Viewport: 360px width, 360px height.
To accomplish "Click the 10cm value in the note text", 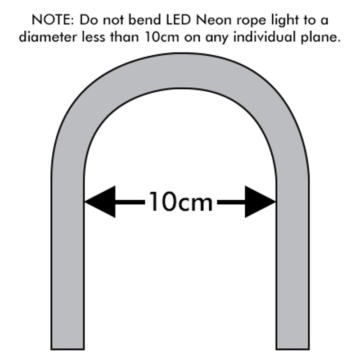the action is (x=157, y=37).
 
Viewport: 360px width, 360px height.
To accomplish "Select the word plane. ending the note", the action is (x=320, y=38).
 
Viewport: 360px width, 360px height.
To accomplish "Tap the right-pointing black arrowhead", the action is (x=261, y=202).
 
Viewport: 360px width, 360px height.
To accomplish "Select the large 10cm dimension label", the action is (x=180, y=202).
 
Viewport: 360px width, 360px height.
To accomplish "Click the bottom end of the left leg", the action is (x=67, y=346).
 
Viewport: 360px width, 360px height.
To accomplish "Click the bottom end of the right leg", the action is (x=292, y=346).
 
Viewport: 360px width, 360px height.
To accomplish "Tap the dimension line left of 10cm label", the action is (x=130, y=202).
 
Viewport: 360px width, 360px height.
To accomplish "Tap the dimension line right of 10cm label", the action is (x=231, y=202).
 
